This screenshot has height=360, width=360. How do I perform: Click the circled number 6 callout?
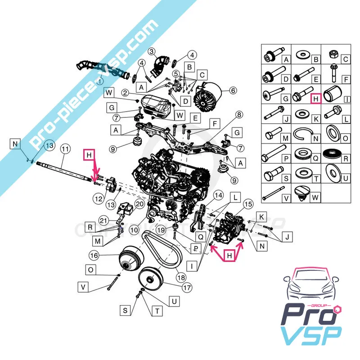click(x=233, y=90)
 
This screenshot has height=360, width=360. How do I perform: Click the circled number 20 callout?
click(x=139, y=204)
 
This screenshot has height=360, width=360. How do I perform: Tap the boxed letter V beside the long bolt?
click(x=83, y=286)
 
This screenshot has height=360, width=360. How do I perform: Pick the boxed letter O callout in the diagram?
click(x=91, y=270)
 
